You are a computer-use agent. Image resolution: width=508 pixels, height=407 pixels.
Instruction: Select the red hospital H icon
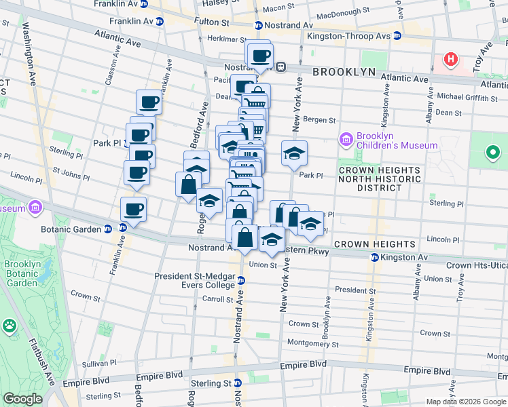[450, 60]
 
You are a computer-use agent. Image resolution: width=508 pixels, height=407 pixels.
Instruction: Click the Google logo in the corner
[22, 399]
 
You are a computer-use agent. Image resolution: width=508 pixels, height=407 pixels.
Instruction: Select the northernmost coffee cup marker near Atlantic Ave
[259, 56]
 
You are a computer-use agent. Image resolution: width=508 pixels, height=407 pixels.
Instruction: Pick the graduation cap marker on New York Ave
[294, 153]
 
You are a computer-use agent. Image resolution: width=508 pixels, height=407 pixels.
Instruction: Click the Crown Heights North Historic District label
[379, 178]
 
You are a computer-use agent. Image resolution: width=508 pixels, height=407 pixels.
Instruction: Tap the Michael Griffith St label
[469, 97]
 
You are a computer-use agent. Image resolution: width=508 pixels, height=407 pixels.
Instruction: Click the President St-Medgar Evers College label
[194, 281]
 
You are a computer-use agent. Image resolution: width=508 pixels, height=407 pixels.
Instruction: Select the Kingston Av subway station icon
[374, 258]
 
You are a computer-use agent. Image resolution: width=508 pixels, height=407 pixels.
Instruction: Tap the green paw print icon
[10, 327]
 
